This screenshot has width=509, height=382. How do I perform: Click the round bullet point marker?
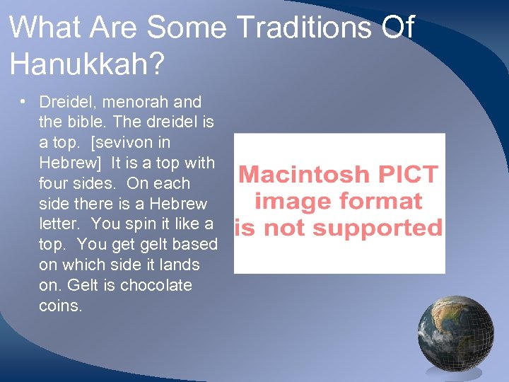(23, 101)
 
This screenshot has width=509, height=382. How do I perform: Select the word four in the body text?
(54, 184)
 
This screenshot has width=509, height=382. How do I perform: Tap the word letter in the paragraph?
(57, 224)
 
